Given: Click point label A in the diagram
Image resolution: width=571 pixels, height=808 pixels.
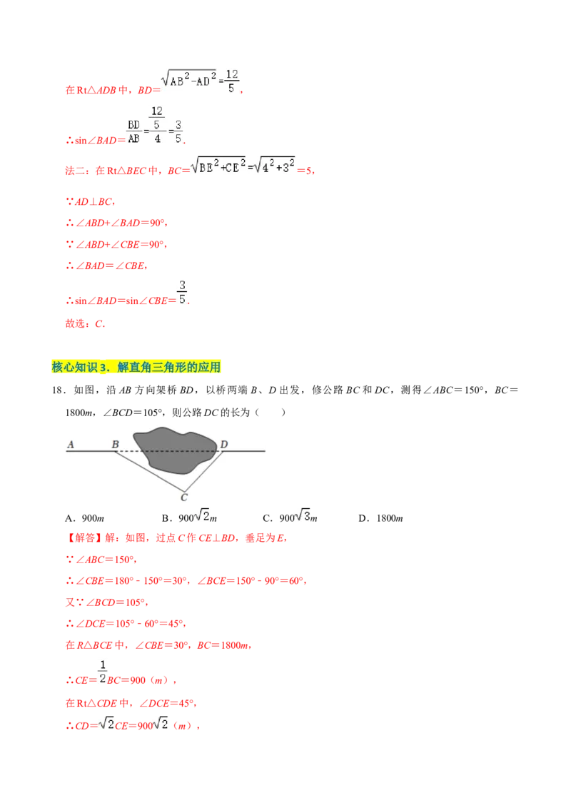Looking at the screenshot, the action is click(71, 444).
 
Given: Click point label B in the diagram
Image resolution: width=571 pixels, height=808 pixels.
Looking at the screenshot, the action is click(115, 444).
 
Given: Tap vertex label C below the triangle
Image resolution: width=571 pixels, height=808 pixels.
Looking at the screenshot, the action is click(184, 497).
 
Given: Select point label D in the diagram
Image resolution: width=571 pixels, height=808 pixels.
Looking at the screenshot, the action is click(223, 444).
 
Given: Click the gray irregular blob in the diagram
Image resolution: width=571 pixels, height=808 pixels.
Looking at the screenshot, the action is click(175, 450).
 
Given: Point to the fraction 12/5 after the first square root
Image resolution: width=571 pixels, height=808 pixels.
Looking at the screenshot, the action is click(231, 81).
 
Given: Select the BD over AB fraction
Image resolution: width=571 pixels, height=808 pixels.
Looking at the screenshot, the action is click(133, 132).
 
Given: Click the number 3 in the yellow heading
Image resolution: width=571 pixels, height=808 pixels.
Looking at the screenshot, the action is click(103, 368).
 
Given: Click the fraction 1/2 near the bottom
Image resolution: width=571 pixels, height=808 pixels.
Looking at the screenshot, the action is click(102, 671).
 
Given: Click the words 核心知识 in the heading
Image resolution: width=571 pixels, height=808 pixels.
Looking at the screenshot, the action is click(75, 368).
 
